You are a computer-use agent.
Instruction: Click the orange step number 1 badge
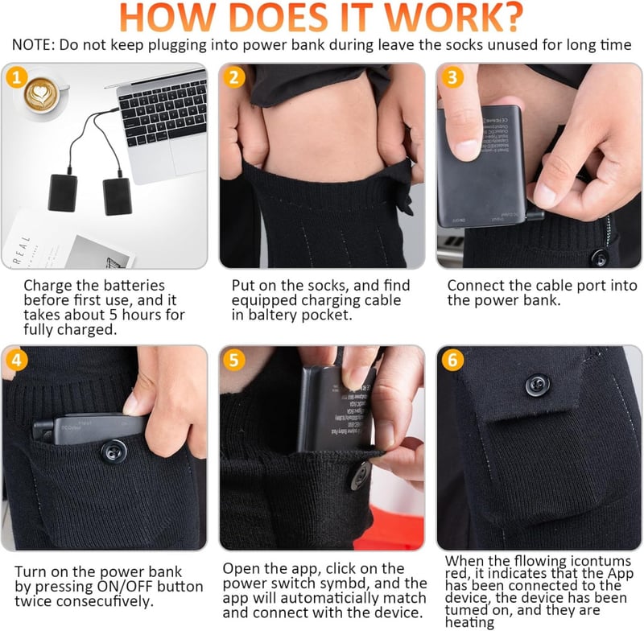[17, 77]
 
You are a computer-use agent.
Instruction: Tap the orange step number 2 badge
[234, 77]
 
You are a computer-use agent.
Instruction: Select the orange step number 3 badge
[452, 77]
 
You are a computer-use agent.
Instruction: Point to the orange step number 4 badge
[17, 360]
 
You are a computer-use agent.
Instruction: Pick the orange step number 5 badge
[234, 360]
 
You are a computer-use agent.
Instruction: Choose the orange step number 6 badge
[452, 360]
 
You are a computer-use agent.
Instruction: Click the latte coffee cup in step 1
[43, 95]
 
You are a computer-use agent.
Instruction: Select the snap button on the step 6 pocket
[537, 385]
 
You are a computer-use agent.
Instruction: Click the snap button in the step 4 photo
[114, 452]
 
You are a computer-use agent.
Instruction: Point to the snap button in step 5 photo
[360, 476]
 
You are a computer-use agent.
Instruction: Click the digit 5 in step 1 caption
[114, 315]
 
